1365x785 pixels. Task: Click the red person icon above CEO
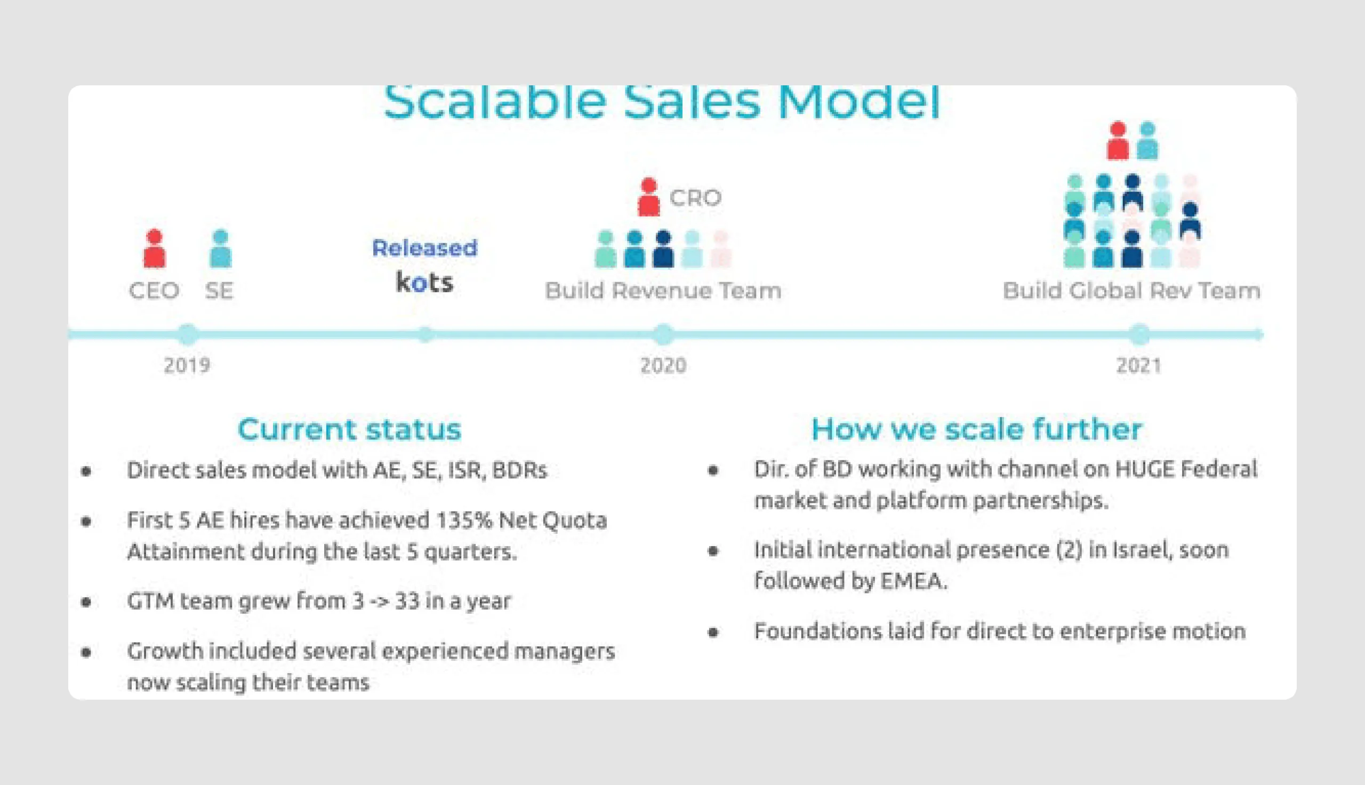click(155, 249)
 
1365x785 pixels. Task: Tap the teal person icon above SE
click(220, 249)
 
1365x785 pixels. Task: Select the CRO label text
click(695, 198)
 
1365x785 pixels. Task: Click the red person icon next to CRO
click(649, 197)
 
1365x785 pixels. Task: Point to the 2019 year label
click(187, 365)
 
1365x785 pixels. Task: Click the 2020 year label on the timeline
click(663, 365)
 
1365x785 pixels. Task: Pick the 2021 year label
click(1139, 365)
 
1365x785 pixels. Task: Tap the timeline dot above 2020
click(663, 334)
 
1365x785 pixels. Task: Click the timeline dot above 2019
click(188, 334)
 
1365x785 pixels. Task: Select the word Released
click(424, 248)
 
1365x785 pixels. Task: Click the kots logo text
click(424, 282)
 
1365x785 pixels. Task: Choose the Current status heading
click(349, 429)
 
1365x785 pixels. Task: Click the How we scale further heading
click(976, 429)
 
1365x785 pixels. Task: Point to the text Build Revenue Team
click(663, 291)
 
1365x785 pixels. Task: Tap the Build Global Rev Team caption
click(1131, 291)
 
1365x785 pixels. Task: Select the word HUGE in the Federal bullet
click(1144, 469)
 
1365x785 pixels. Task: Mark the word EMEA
click(913, 581)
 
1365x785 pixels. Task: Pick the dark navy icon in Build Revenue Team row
click(663, 249)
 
